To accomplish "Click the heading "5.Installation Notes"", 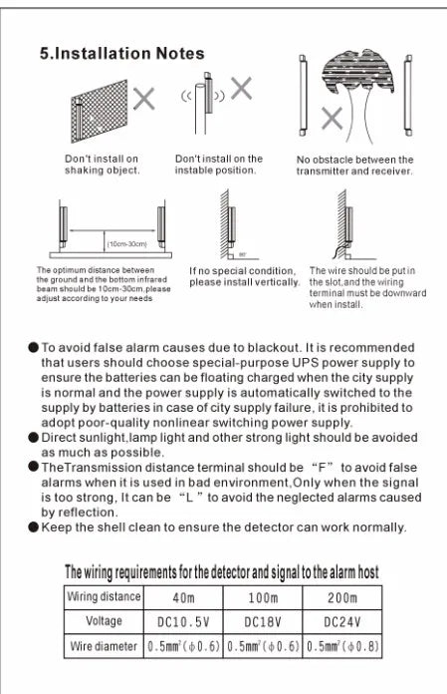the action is click(x=121, y=54).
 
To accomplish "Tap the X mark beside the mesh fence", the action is click(x=144, y=99).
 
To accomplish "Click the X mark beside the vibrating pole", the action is click(x=241, y=88).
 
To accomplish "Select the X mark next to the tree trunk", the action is click(x=332, y=119).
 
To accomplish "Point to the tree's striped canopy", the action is click(x=357, y=72).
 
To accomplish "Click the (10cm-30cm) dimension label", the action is click(x=127, y=244).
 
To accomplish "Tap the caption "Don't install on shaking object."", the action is click(x=102, y=165).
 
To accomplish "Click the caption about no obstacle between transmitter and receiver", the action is click(x=354, y=166).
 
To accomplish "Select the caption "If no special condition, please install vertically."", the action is click(x=244, y=276).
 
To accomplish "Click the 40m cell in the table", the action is click(x=183, y=598).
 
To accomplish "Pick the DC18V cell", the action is click(x=263, y=622).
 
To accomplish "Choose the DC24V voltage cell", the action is click(x=342, y=622).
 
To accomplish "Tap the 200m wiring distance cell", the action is click(x=342, y=598).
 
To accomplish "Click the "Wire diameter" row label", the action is click(x=104, y=646).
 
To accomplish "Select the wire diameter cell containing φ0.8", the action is click(x=342, y=646).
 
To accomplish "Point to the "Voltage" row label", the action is click(x=104, y=621).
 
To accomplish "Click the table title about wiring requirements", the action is click(x=222, y=572).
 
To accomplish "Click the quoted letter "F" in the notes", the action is click(x=322, y=468).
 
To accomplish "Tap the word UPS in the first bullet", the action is click(x=305, y=363).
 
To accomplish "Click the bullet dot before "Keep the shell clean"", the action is click(x=34, y=527).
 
